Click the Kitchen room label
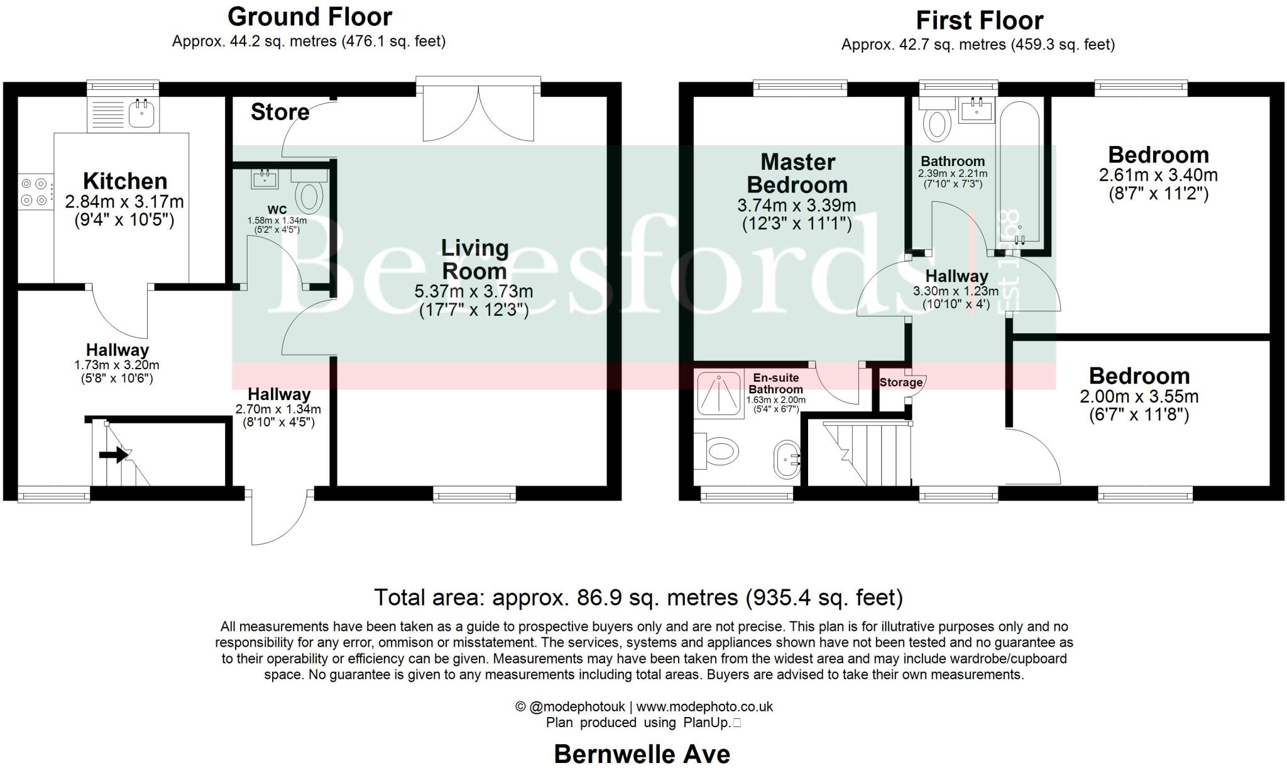pos(125,181)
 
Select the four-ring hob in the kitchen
pos(35,192)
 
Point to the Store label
pos(280,112)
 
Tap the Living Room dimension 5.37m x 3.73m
pos(474,291)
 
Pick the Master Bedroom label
pos(797,174)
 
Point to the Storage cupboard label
pos(901,382)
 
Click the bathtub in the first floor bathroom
pos(1020,176)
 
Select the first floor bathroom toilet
pos(938,123)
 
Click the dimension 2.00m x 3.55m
pos(1139,397)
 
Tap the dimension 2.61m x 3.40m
pos(1158,175)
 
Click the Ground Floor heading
pos(309,16)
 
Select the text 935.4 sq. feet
pos(824,597)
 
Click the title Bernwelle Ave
pos(642,754)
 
